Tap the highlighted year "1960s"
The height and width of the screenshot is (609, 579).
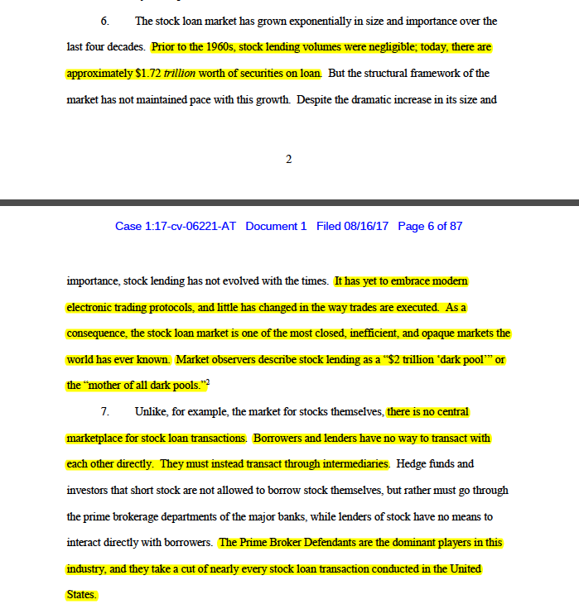215,47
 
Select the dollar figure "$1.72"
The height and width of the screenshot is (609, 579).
149,74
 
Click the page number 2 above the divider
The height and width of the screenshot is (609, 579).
289,160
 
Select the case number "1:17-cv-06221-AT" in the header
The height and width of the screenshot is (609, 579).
192,227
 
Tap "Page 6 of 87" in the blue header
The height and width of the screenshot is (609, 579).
430,227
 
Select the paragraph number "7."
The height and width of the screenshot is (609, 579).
105,411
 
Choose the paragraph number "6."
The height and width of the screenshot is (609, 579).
105,21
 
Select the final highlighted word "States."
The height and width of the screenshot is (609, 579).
81,595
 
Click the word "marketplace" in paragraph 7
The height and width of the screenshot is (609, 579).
97,438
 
